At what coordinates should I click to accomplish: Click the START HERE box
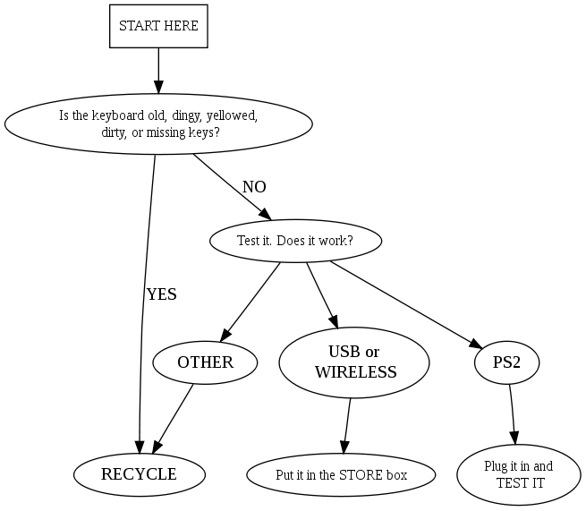click(x=158, y=27)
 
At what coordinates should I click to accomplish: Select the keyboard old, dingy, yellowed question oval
click(x=158, y=123)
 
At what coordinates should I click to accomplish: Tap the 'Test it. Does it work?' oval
click(x=295, y=240)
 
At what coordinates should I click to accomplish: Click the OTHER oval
click(x=205, y=362)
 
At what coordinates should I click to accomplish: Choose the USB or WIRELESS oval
click(x=354, y=362)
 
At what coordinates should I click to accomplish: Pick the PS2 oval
click(x=507, y=362)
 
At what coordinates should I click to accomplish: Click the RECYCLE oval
click(x=139, y=474)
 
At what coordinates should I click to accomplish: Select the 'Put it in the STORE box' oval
click(x=341, y=474)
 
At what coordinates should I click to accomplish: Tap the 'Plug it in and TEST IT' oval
click(x=519, y=474)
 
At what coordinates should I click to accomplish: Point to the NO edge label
click(x=254, y=187)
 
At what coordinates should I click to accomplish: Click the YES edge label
click(x=162, y=294)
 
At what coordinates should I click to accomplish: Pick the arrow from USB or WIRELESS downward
click(x=347, y=426)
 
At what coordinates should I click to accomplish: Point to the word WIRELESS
click(x=355, y=372)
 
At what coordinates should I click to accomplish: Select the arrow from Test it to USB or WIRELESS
click(x=320, y=294)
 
